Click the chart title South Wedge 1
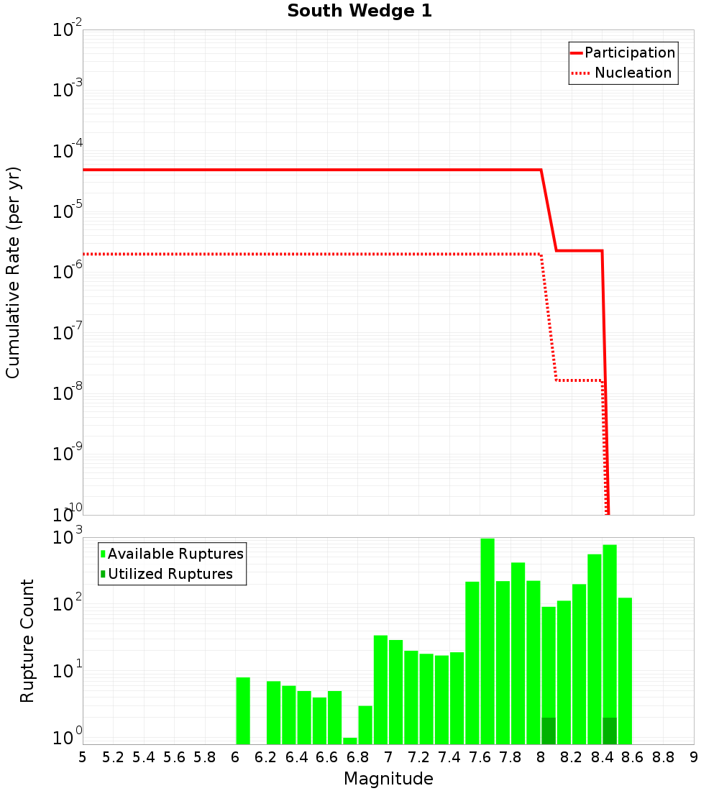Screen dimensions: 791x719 click(359, 12)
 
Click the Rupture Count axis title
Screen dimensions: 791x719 click(27, 641)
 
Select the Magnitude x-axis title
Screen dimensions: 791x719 click(388, 779)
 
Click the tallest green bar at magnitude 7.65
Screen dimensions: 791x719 click(487, 640)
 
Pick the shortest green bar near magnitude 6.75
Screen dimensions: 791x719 click(350, 741)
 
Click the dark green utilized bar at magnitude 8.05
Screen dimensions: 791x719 click(549, 731)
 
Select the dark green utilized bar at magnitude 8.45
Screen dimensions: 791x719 click(610, 731)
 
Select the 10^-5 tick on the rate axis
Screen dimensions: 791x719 click(68, 211)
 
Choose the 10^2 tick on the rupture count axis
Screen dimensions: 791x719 click(68, 603)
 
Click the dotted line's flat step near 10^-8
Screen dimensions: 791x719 click(579, 380)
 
